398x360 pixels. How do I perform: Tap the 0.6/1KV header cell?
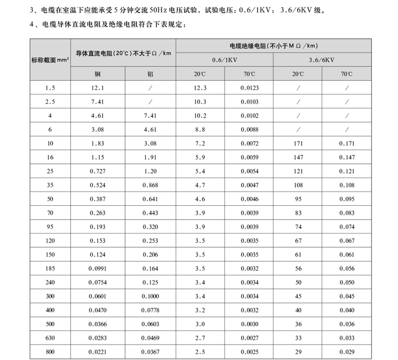225,60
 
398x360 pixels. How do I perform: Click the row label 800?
51,352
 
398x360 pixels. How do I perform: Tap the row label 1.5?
51,87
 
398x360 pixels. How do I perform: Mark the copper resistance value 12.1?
98,87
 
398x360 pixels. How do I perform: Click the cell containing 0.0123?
249,87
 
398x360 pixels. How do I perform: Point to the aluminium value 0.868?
151,185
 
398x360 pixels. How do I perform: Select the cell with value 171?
298,143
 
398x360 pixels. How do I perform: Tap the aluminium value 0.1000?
151,296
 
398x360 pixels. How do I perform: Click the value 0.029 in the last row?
346,352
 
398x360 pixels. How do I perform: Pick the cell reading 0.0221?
98,352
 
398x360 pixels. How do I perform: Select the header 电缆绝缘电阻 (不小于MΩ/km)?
273,46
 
